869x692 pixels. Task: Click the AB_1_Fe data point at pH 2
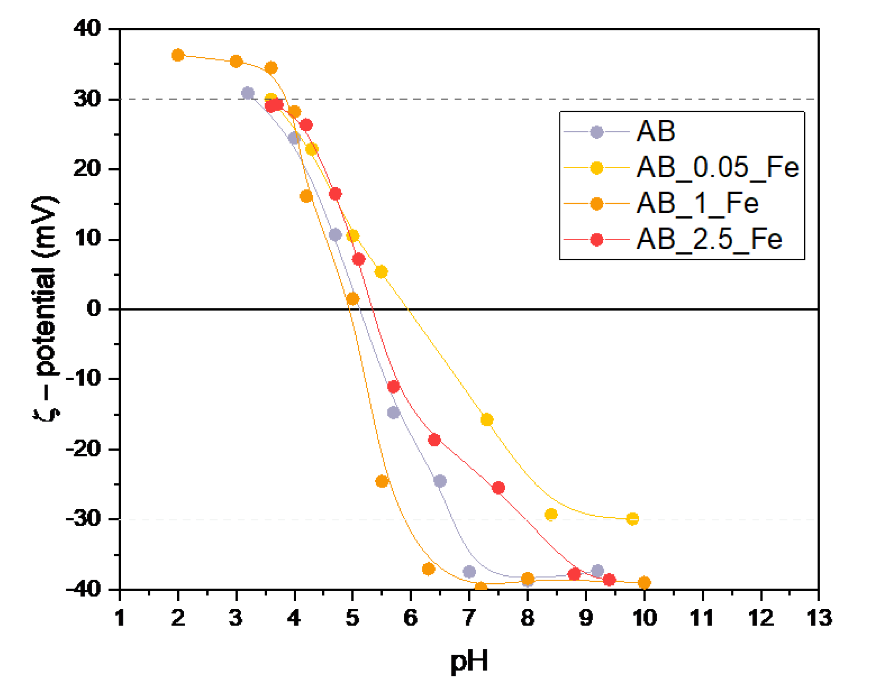point(178,56)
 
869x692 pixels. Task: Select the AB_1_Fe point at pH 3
point(236,62)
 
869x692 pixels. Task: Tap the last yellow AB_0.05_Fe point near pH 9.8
point(632,519)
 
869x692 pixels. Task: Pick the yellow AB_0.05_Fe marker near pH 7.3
point(486,420)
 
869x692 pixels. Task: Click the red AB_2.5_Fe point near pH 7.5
point(498,488)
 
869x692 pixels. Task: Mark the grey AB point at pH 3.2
point(248,93)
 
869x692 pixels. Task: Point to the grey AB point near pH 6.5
point(440,481)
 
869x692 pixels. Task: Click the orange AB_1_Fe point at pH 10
point(644,582)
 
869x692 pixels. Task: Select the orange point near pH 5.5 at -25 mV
point(382,481)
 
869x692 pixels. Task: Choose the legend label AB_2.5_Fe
point(709,240)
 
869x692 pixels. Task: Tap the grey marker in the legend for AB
point(597,132)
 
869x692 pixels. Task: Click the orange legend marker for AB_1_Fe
point(597,204)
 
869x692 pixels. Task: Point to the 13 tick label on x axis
point(819,618)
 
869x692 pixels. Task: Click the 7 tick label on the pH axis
point(469,618)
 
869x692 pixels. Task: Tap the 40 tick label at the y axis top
point(87,29)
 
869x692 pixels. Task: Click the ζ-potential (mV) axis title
point(45,308)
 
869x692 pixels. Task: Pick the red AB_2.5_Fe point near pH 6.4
point(434,440)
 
